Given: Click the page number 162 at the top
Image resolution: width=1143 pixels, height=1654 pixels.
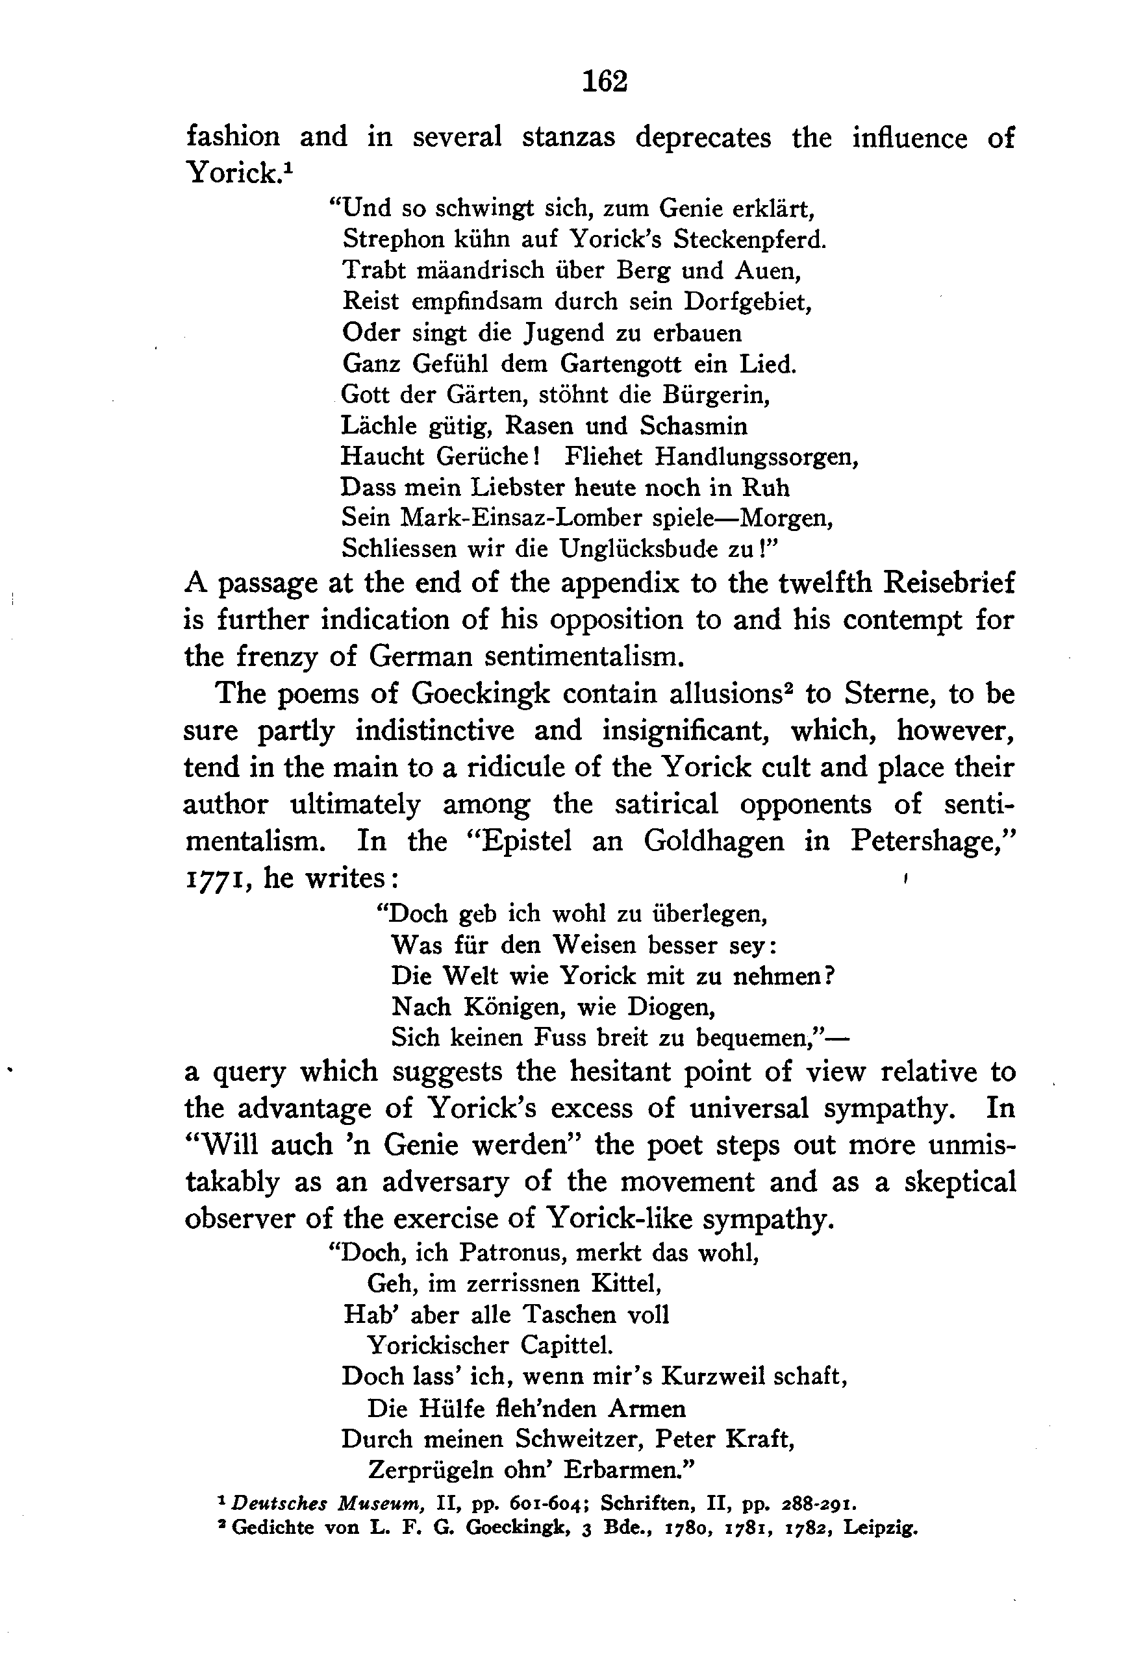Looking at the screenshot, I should tap(605, 82).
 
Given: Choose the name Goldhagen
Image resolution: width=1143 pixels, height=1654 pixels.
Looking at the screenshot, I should tap(713, 841).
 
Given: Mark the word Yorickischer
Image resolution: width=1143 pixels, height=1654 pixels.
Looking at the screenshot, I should tap(438, 1346).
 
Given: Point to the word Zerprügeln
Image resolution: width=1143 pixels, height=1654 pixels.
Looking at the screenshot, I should tap(423, 1470).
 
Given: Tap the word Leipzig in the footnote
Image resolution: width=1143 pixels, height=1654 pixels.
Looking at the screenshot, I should tap(880, 1528).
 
